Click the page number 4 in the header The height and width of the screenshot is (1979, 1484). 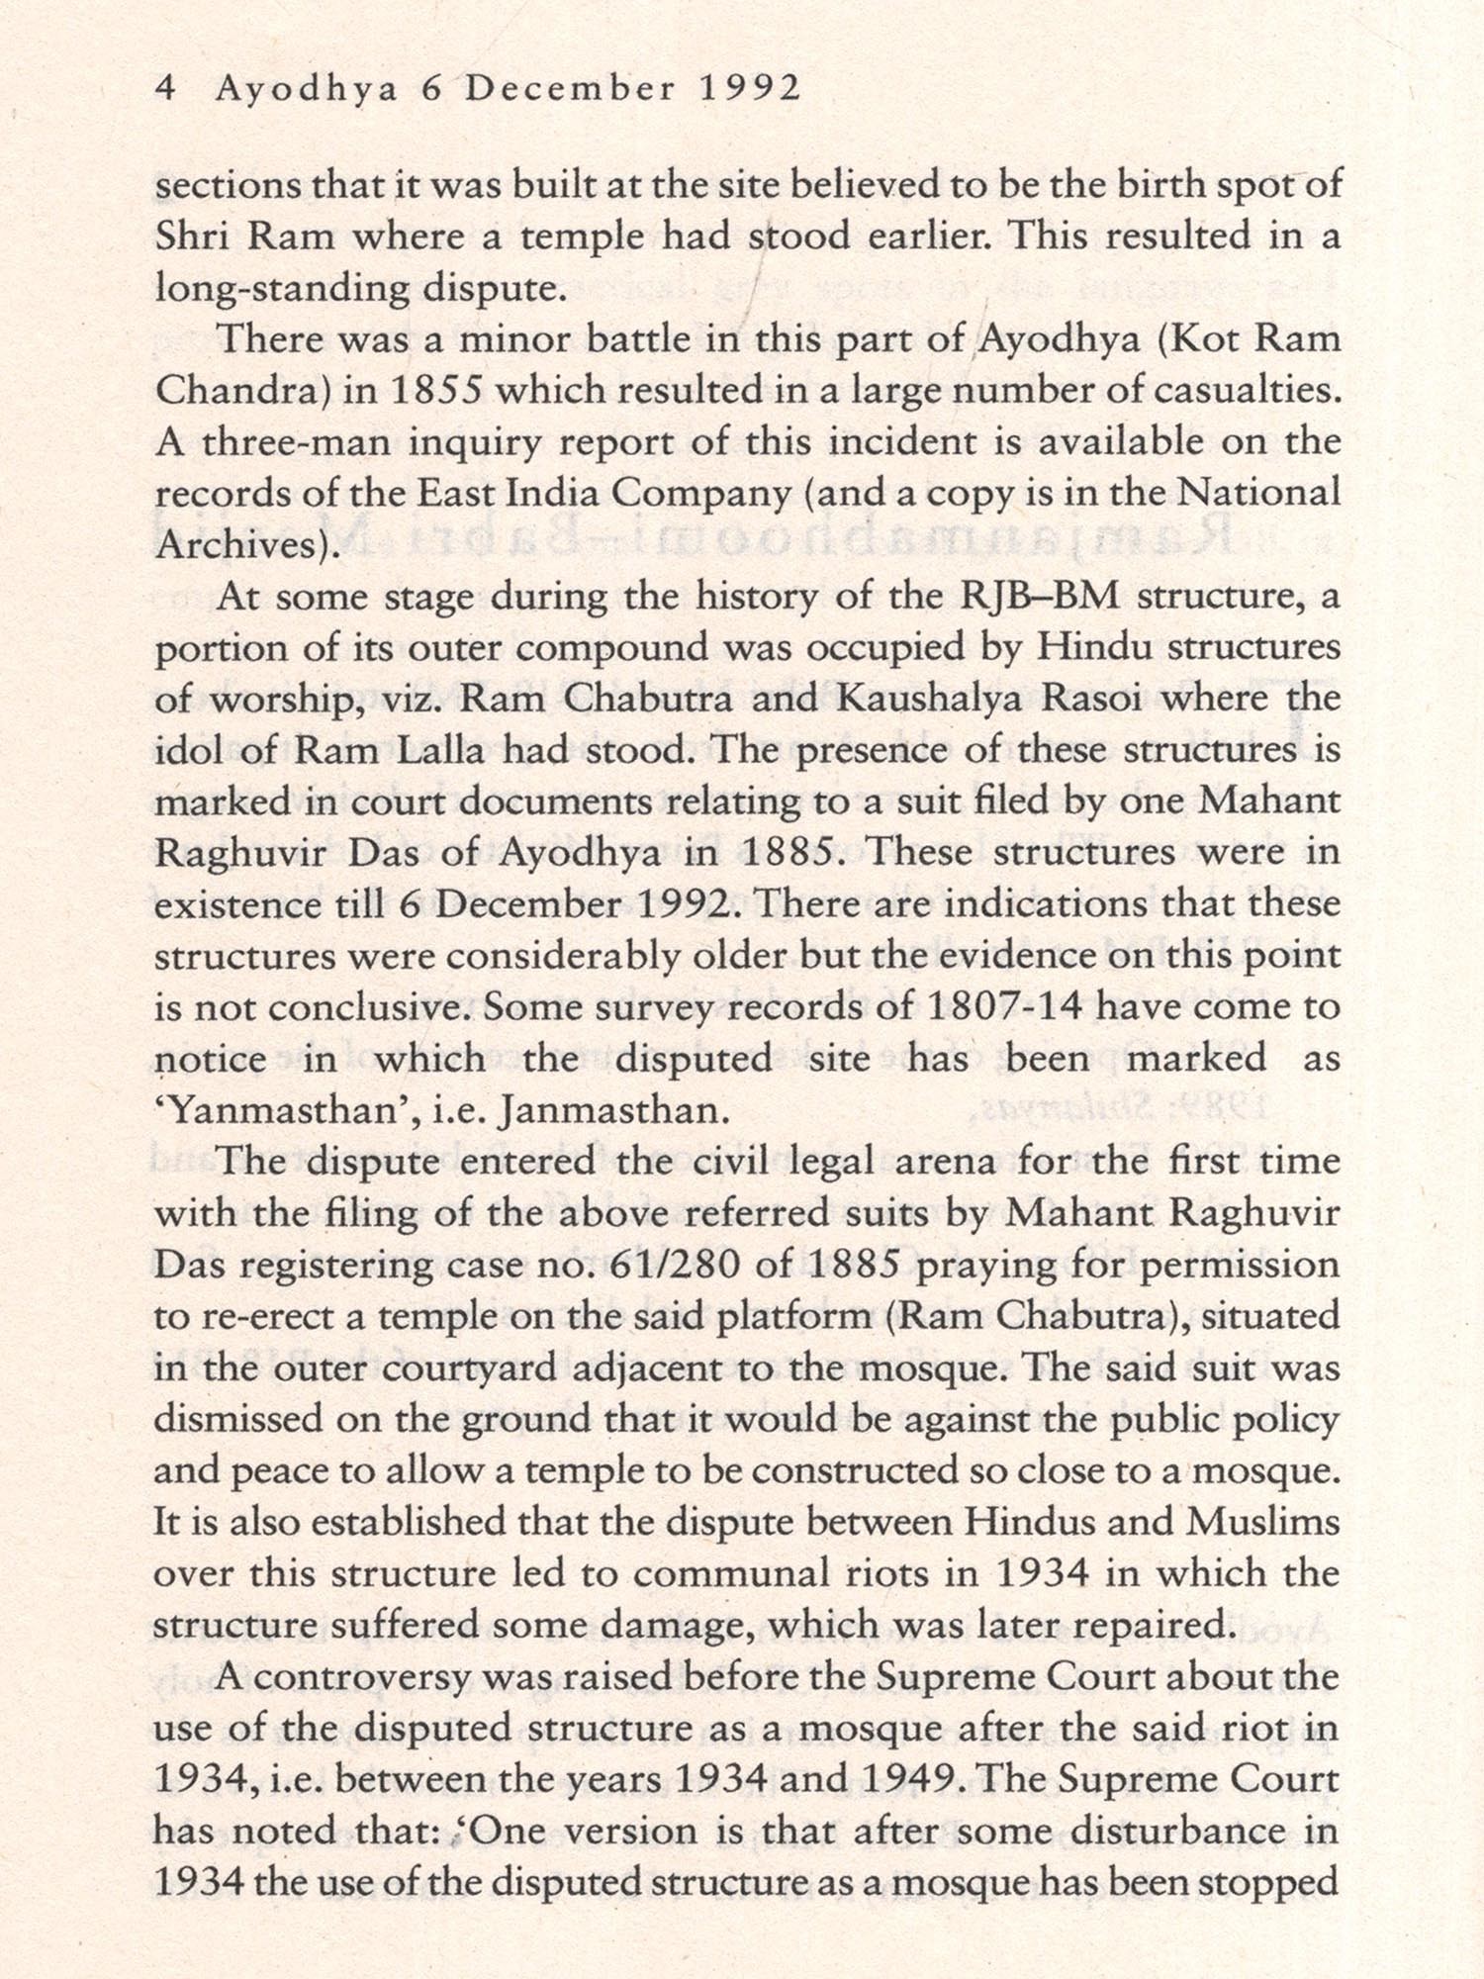[x=166, y=89]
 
